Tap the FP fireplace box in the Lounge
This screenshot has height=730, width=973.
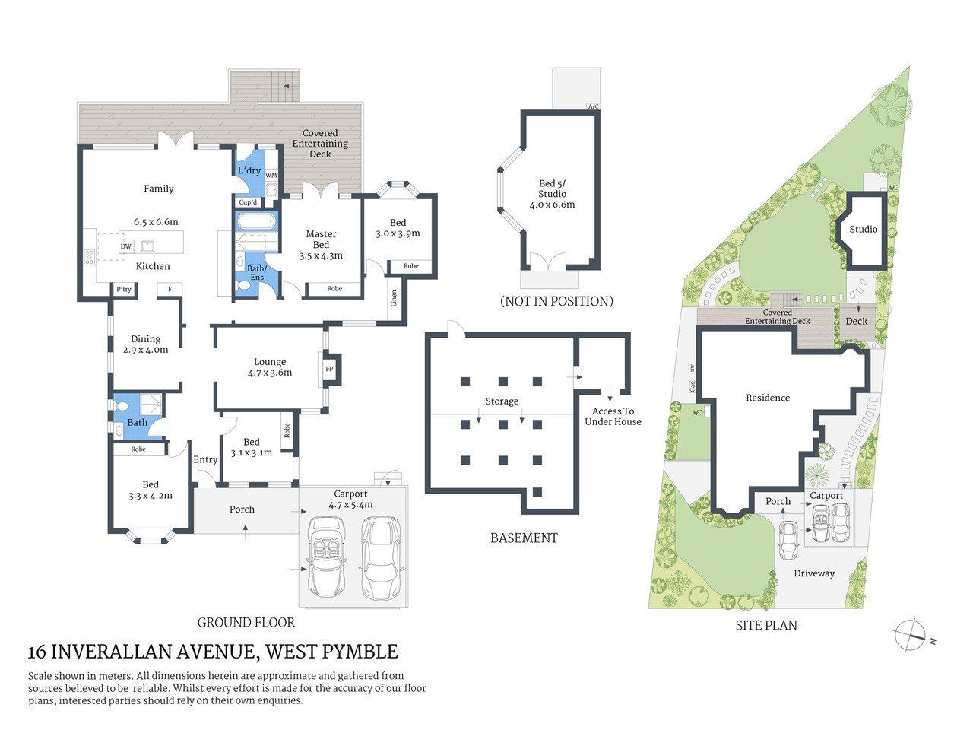click(x=329, y=370)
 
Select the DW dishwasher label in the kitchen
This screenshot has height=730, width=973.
click(x=125, y=246)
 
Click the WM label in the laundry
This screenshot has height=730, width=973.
click(x=271, y=176)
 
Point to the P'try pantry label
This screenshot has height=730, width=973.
click(x=123, y=290)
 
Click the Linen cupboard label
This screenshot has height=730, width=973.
click(x=394, y=298)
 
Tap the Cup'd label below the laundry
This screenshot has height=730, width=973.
click(x=248, y=202)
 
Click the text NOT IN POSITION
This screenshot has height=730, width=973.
click(x=556, y=301)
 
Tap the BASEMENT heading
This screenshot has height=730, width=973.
click(x=524, y=538)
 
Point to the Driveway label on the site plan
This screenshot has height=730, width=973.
click(x=814, y=573)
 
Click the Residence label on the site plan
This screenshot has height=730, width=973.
click(x=768, y=398)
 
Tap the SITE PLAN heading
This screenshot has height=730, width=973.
click(x=766, y=626)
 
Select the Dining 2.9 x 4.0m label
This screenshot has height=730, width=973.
click(x=145, y=344)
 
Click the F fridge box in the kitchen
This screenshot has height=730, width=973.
click(x=169, y=289)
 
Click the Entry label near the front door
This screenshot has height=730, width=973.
click(x=205, y=459)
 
